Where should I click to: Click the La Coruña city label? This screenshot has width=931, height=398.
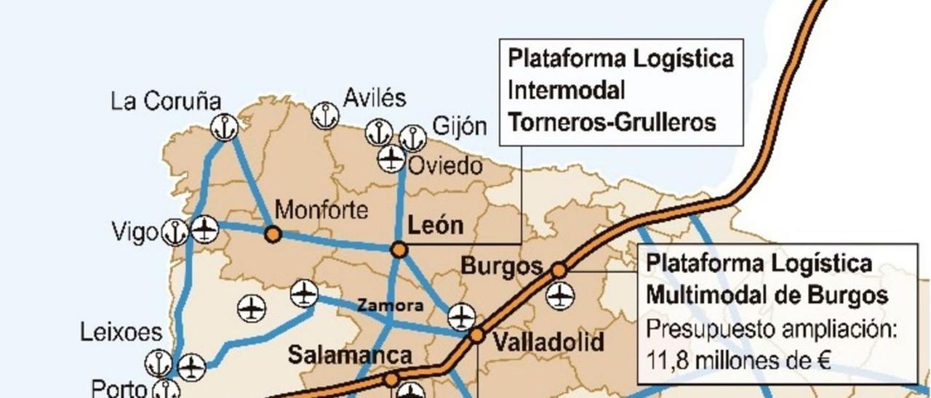[x=165, y=101]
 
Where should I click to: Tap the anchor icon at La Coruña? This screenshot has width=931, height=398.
[x=224, y=127]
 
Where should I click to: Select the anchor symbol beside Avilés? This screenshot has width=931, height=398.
[x=325, y=115]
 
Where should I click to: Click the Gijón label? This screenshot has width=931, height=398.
[x=460, y=126]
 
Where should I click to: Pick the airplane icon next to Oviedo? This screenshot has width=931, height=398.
[x=392, y=158]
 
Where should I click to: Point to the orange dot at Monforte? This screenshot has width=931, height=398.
[x=273, y=234]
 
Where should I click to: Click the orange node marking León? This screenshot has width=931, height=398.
[x=399, y=250]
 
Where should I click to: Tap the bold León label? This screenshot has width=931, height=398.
[x=435, y=225]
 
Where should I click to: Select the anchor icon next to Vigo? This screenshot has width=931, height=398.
[x=175, y=232]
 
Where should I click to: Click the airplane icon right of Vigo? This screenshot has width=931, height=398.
[x=205, y=230]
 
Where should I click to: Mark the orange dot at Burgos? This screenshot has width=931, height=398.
[x=559, y=270]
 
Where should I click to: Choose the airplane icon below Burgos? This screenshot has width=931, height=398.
[x=560, y=296]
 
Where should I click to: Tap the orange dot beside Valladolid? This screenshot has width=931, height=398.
[x=476, y=335]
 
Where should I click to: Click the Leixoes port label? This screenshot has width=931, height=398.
[x=121, y=333]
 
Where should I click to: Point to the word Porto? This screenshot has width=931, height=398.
[x=119, y=388]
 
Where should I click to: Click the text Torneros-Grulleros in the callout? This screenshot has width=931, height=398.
[x=612, y=122]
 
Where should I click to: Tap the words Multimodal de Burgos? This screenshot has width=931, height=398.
[x=767, y=296]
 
